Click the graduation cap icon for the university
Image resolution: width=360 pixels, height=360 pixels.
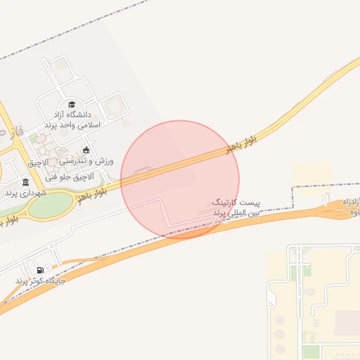[71, 104]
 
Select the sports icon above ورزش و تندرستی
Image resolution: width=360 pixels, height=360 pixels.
[86, 149]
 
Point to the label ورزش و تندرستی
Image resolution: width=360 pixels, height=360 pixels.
[91, 161]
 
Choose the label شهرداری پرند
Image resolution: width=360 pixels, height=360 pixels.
[25, 192]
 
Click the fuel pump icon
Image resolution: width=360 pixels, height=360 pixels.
[40, 270]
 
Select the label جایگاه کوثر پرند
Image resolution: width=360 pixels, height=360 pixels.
[41, 281]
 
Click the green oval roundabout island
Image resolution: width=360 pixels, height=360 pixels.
[51, 205]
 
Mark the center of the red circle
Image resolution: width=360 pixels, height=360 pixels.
[180, 179]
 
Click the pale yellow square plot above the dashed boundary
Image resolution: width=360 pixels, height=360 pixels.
[311, 174]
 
